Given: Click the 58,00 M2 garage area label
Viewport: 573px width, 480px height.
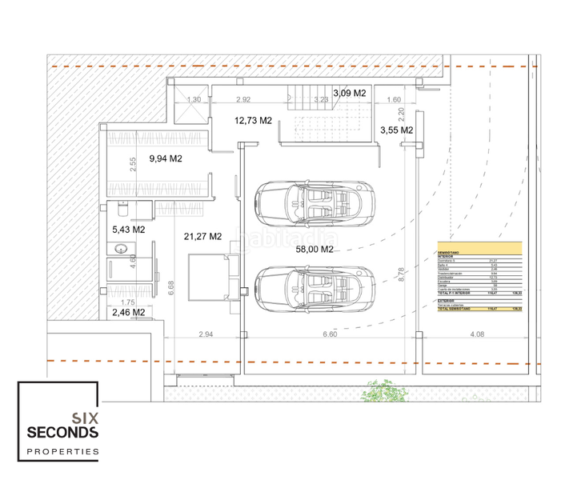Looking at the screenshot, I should coord(314,249).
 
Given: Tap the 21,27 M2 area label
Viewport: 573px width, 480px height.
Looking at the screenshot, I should coord(202,236).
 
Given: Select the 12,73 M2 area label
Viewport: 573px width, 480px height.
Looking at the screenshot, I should coord(253,121).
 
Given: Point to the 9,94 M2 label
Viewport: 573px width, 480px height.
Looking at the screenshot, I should coord(166,158).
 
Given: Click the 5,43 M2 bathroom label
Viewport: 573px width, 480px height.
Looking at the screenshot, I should coord(128,230).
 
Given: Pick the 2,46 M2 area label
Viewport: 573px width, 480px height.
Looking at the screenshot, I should coord(128,312).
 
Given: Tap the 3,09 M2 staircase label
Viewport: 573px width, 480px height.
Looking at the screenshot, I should coord(349,93).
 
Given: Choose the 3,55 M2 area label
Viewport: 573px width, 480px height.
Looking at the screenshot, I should coord(396,130).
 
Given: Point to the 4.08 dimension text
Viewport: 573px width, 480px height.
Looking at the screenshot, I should coord(477,334).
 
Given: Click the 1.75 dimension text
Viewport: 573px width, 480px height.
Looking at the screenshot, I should coord(128,302).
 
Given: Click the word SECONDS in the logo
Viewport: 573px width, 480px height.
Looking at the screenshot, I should coord(62,433).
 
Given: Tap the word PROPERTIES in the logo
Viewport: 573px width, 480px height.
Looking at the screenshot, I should coord(63,452).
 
